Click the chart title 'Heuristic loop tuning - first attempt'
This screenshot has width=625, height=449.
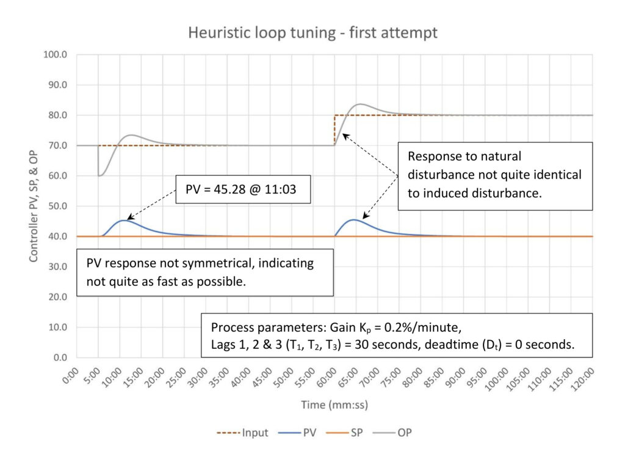[x=312, y=32]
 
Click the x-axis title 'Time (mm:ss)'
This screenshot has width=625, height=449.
[x=333, y=405]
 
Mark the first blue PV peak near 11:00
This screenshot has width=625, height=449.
[x=123, y=220]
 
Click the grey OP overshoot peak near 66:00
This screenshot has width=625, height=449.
[x=361, y=104]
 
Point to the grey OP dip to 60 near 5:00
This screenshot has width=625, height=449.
[x=99, y=175]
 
